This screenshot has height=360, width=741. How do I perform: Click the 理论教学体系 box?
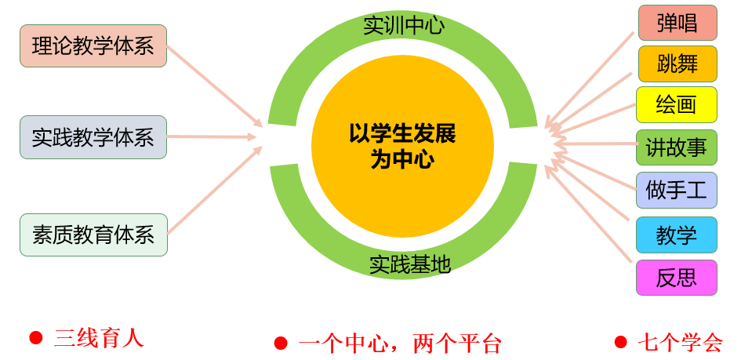[x=93, y=45]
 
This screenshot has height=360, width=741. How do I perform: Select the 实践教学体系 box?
[x=93, y=137]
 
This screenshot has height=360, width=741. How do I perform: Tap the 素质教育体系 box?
[x=93, y=235]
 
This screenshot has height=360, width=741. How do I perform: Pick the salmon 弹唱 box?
[x=677, y=23]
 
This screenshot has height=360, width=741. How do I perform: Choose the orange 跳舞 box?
[x=677, y=64]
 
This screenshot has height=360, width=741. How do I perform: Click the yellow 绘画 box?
[x=676, y=104]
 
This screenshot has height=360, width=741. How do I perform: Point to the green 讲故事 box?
[x=676, y=147]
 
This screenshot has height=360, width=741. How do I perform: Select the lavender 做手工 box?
[x=676, y=190]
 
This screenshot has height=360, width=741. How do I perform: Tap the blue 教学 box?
[x=676, y=235]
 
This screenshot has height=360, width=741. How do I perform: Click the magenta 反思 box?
[x=676, y=278]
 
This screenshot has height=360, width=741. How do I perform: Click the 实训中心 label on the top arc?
[x=404, y=26]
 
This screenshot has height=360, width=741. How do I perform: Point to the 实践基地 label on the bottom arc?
[x=410, y=265]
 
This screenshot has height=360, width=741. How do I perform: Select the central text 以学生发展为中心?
[x=402, y=147]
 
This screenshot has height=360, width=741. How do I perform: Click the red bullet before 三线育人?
[x=36, y=337]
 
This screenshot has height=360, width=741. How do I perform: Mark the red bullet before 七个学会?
[x=621, y=342]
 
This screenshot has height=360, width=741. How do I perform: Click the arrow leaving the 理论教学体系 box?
[x=215, y=86]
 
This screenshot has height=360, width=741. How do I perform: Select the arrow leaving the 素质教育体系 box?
[x=215, y=190]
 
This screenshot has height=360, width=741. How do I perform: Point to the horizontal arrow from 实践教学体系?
[x=211, y=137]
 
